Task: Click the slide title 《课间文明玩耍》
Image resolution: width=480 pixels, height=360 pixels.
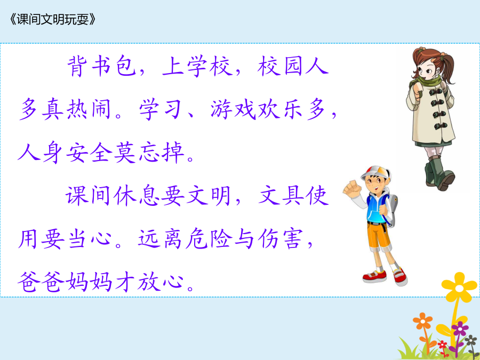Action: [53, 20]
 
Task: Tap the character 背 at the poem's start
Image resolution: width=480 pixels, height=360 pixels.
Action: [76, 66]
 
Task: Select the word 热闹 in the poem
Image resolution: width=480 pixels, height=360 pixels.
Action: [76, 109]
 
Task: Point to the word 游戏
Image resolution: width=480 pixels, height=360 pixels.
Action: [233, 109]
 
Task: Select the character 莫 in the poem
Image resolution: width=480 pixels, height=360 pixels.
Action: [124, 153]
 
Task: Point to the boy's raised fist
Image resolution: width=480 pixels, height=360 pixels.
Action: [353, 187]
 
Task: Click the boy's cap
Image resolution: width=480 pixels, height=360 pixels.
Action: [376, 173]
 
